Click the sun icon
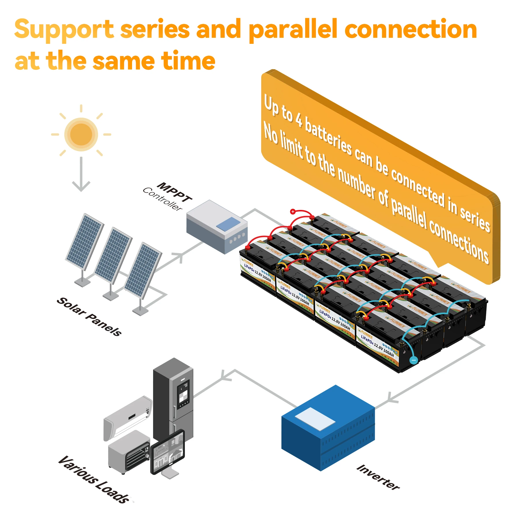coord(81,134)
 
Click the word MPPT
coord(175,192)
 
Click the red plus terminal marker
coord(293,212)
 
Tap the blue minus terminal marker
coord(414,360)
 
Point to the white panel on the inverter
coord(315,419)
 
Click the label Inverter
coord(378,477)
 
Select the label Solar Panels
coord(89,317)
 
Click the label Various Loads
coord(94,479)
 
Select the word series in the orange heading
coord(155,29)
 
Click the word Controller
coord(162,199)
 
